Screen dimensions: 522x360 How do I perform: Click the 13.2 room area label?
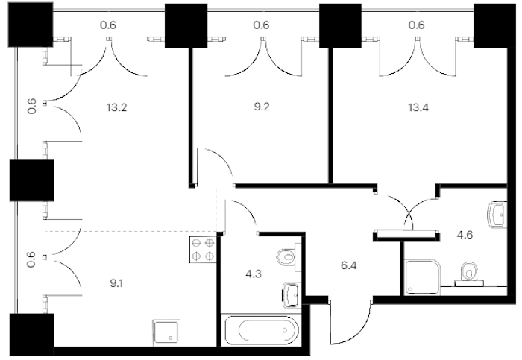pyautogui.click(x=117, y=108)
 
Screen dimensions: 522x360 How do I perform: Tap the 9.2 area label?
pyautogui.click(x=261, y=107)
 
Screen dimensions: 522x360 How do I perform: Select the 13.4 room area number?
pyautogui.click(x=418, y=107)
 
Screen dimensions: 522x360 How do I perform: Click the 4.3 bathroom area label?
pyautogui.click(x=254, y=274)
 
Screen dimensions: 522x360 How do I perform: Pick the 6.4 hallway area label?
pyautogui.click(x=349, y=265)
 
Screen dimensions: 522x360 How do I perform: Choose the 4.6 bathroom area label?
pyautogui.click(x=465, y=235)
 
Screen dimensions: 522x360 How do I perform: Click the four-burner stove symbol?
pyautogui.click(x=203, y=250)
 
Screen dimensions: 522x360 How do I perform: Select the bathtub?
pyautogui.click(x=262, y=330)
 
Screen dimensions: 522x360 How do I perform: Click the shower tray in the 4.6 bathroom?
pyautogui.click(x=423, y=277)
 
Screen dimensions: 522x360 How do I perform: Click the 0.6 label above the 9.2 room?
pyautogui.click(x=261, y=25)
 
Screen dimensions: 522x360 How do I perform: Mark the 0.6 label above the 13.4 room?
pyautogui.click(x=417, y=25)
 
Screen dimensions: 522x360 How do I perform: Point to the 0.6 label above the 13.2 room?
pyautogui.click(x=108, y=25)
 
